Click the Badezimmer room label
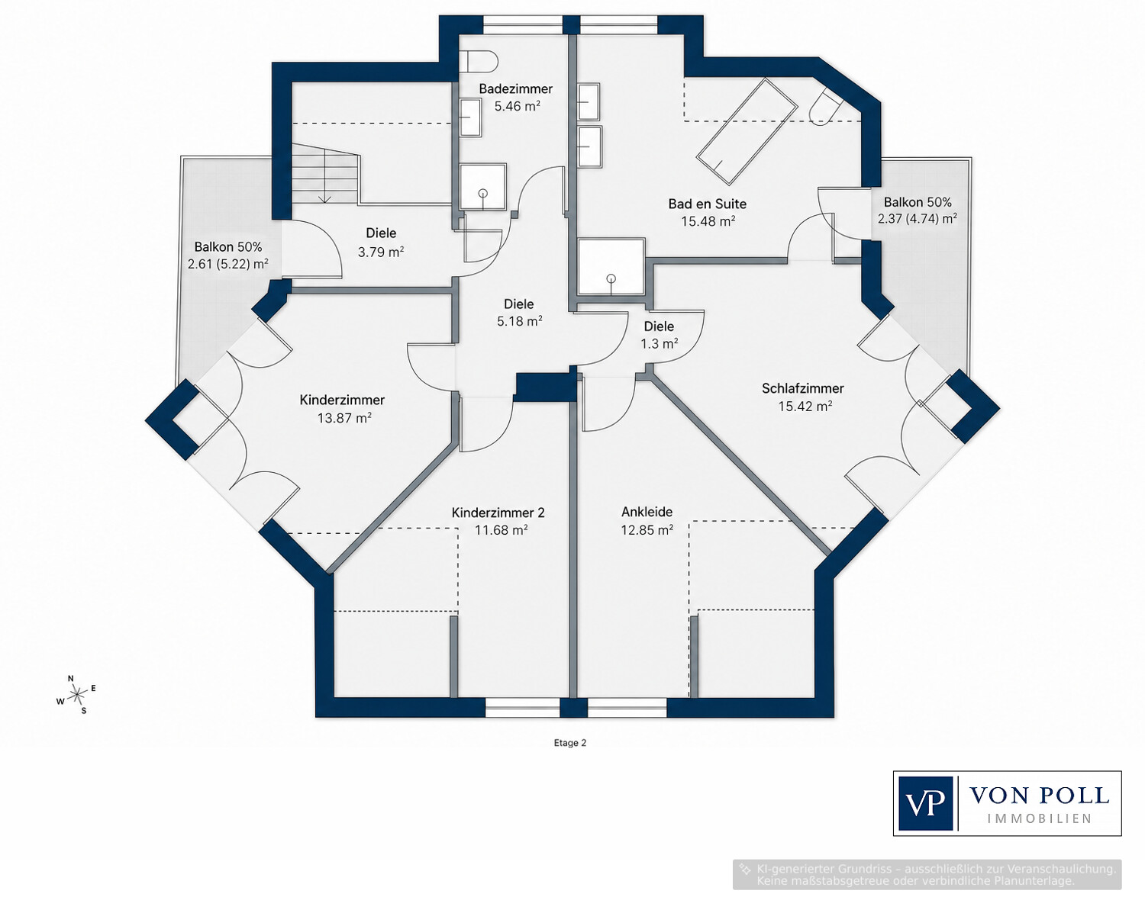point(515,88)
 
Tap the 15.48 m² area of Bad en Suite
point(708,221)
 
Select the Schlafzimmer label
point(802,388)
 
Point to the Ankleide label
point(647,512)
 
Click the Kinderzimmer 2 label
point(498,513)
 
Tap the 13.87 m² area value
point(344,418)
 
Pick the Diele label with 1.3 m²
point(659,326)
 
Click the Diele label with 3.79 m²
point(381,233)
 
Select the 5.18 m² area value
point(519,321)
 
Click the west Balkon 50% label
point(228,246)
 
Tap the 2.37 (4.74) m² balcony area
point(918,219)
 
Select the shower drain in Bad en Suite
point(611,278)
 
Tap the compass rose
point(78,693)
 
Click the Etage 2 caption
point(570,743)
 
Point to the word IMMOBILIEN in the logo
point(1040,819)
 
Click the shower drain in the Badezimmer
point(482,193)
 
